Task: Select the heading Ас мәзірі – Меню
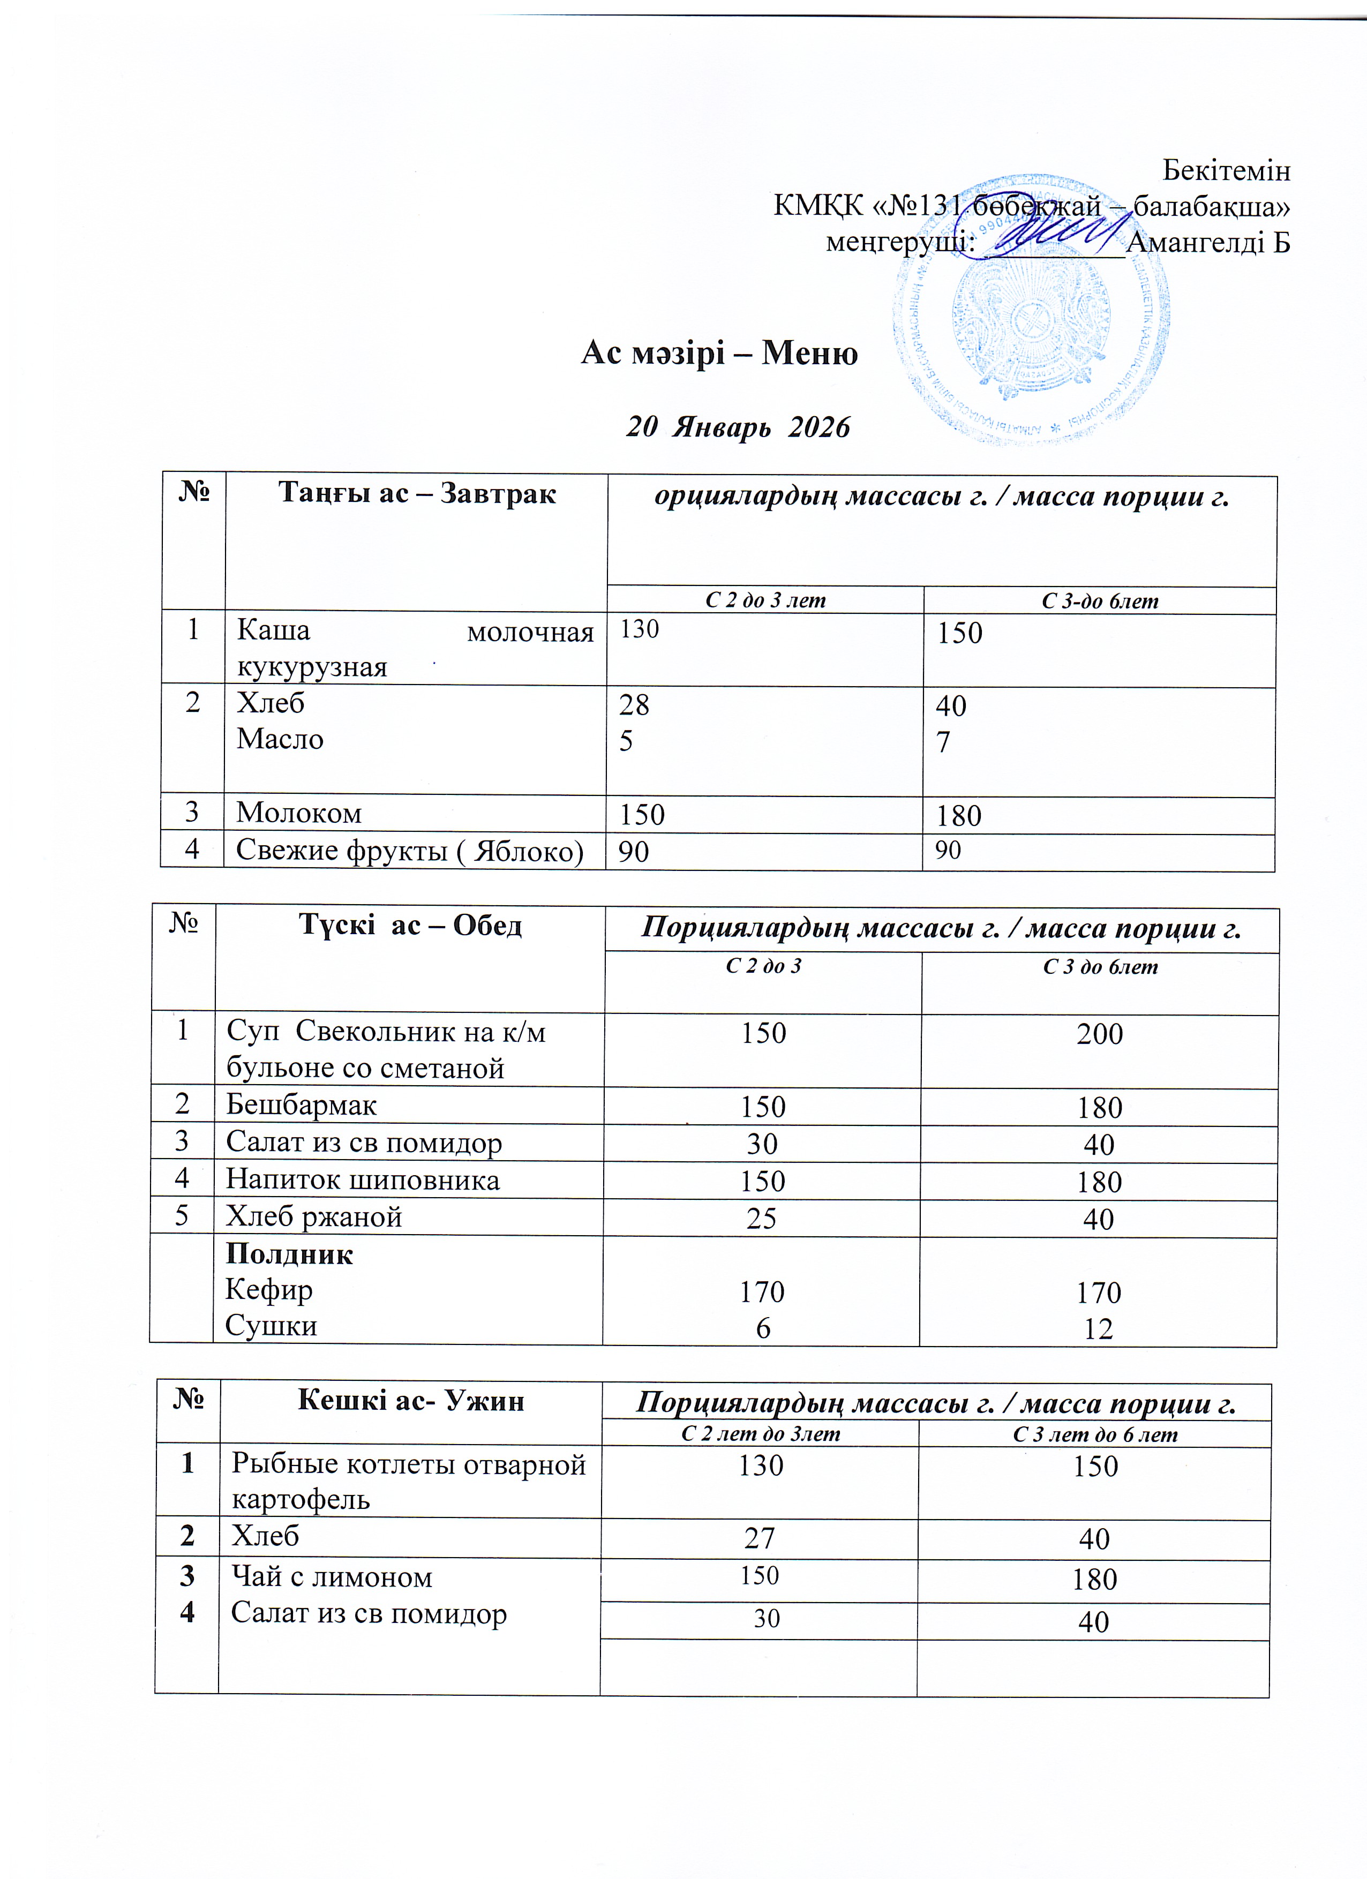(719, 354)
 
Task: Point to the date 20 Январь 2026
(738, 427)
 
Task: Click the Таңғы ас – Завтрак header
(417, 494)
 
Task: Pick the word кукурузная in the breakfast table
(312, 666)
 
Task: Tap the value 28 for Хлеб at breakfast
(634, 705)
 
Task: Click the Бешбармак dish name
(302, 1104)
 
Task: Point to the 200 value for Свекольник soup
(1099, 1034)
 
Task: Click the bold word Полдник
(289, 1254)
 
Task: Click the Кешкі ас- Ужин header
(410, 1400)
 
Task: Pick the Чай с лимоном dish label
(332, 1576)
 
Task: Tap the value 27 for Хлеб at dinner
(759, 1538)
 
